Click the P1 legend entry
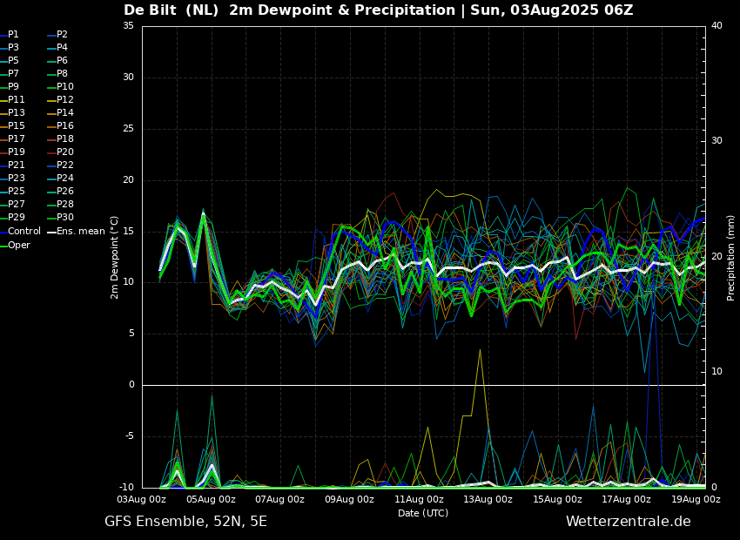click(13, 35)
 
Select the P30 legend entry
click(65, 218)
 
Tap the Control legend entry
click(24, 232)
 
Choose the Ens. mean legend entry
click(82, 232)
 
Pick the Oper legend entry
click(19, 246)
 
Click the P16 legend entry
click(65, 126)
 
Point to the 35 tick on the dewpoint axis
click(128, 26)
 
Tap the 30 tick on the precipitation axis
click(716, 140)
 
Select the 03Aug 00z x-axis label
click(142, 500)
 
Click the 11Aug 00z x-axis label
click(419, 500)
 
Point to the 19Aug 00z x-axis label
click(696, 500)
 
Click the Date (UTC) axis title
click(423, 514)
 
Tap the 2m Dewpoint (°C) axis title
click(115, 257)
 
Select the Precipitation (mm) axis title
click(731, 257)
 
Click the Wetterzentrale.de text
click(628, 522)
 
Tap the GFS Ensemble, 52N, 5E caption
click(185, 522)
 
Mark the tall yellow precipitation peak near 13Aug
click(479, 350)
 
